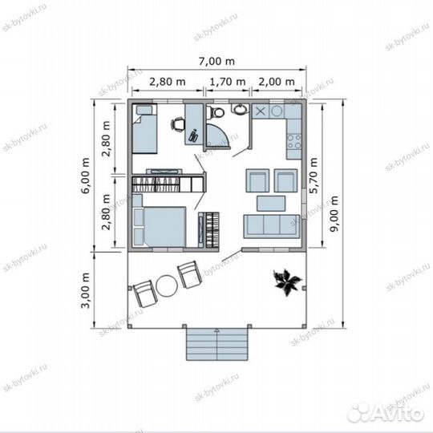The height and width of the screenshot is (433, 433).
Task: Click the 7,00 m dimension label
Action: point(216,61)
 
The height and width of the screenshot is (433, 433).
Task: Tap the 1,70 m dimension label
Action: point(228,82)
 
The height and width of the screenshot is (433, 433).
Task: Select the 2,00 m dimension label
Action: point(277,82)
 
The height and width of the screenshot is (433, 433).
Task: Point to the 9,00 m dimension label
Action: point(334,214)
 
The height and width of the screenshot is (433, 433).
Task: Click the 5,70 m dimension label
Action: point(314,176)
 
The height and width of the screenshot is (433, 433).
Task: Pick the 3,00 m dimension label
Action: point(85,290)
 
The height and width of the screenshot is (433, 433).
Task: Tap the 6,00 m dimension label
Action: point(85,176)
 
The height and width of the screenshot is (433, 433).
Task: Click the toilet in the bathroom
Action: point(216,112)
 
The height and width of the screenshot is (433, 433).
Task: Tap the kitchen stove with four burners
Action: point(293,142)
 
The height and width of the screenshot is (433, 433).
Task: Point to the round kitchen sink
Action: point(277,111)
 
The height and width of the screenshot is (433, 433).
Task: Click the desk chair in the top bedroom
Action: point(177,124)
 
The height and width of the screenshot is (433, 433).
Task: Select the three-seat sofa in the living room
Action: point(272,226)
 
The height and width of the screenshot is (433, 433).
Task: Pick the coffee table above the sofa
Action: point(271,204)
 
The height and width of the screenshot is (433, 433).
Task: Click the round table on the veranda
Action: point(167,286)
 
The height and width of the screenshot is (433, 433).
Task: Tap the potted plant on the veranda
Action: point(287,282)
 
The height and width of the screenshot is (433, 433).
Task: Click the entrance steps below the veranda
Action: point(217,344)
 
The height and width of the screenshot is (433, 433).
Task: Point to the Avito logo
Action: point(386,413)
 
